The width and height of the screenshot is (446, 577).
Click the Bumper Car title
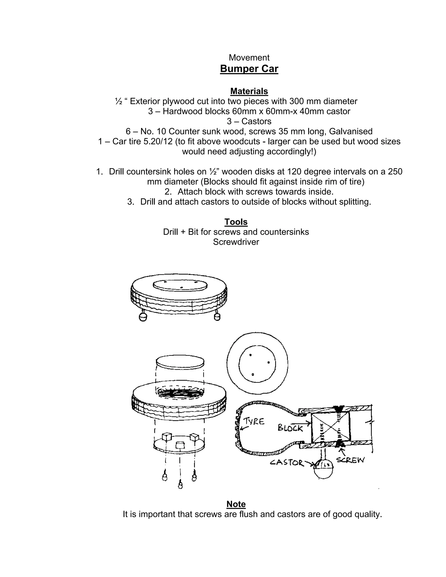pos(249,69)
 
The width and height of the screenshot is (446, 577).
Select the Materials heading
pos(249,91)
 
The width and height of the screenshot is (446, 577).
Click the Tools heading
pos(236,222)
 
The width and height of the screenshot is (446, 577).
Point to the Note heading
pos(236,504)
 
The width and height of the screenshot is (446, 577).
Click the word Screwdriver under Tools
pos(236,242)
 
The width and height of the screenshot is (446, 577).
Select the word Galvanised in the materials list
pos(351,131)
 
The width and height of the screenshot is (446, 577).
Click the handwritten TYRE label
pos(254,421)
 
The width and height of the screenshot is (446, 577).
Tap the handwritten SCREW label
pos(350,460)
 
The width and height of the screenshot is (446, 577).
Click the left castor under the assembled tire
pos(143,317)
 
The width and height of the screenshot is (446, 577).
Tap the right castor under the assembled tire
pos(217,317)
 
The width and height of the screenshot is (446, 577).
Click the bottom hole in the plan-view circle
pos(253,374)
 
